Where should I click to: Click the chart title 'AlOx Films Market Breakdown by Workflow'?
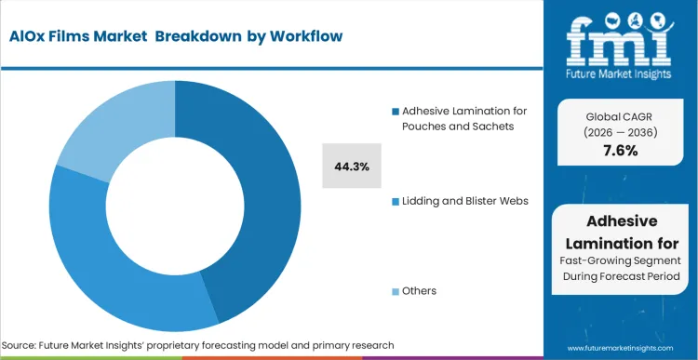(178, 36)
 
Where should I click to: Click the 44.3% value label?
(352, 167)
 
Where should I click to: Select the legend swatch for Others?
(396, 291)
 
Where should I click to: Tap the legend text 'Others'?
(420, 291)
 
